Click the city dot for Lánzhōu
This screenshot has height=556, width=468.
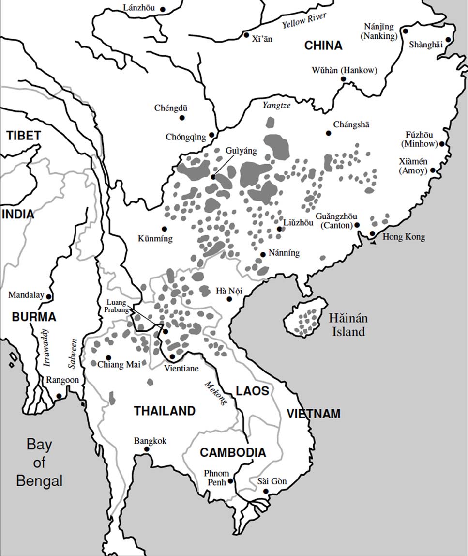coord(163,9)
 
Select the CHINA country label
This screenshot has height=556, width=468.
coord(323,46)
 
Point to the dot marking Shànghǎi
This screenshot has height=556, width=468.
coord(448,40)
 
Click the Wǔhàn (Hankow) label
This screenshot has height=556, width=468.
coord(344,70)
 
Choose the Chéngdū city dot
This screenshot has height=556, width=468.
coord(182,118)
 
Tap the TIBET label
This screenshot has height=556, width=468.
coord(23,136)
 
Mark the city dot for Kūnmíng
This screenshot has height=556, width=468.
coord(164,229)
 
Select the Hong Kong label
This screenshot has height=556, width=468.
coord(404,237)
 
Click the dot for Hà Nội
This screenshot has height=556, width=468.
coord(229,299)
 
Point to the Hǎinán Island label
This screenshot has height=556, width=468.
coord(348,325)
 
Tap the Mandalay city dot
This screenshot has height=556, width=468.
coord(48,296)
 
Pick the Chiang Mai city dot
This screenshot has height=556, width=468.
coord(94,363)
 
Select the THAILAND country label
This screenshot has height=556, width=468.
coord(165,411)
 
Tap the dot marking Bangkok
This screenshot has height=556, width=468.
coord(147,449)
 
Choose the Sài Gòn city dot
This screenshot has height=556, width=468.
coord(265,492)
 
